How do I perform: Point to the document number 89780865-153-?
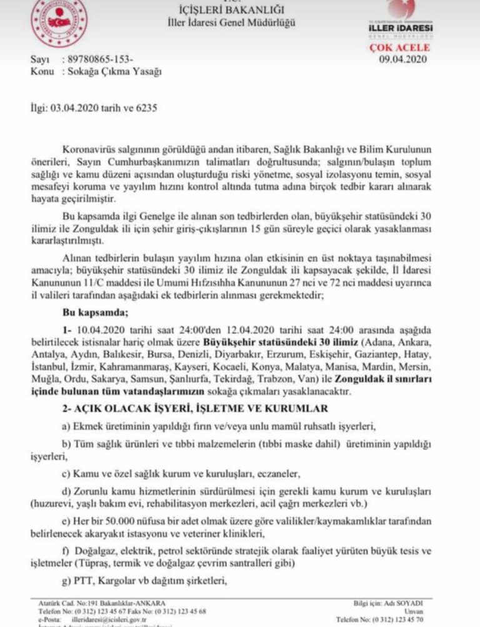point(101,60)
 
